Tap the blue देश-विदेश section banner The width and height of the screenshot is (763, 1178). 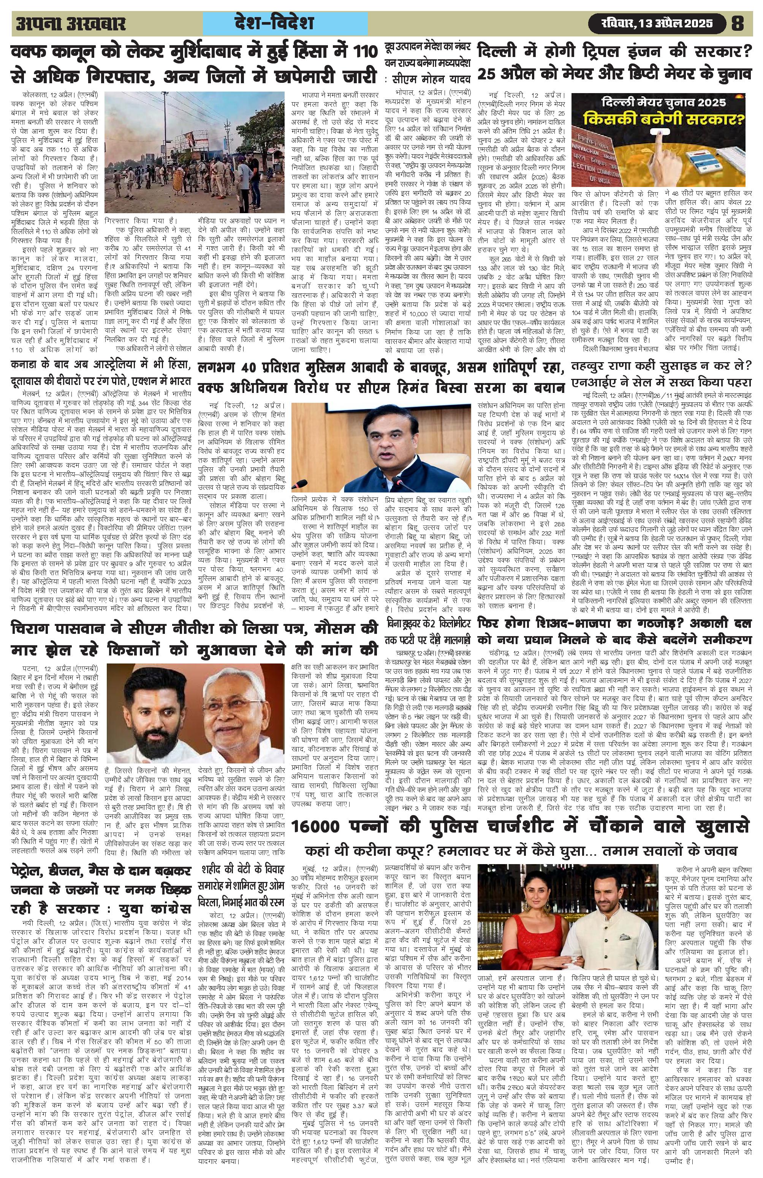286,23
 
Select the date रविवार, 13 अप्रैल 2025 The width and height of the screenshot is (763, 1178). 657,23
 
